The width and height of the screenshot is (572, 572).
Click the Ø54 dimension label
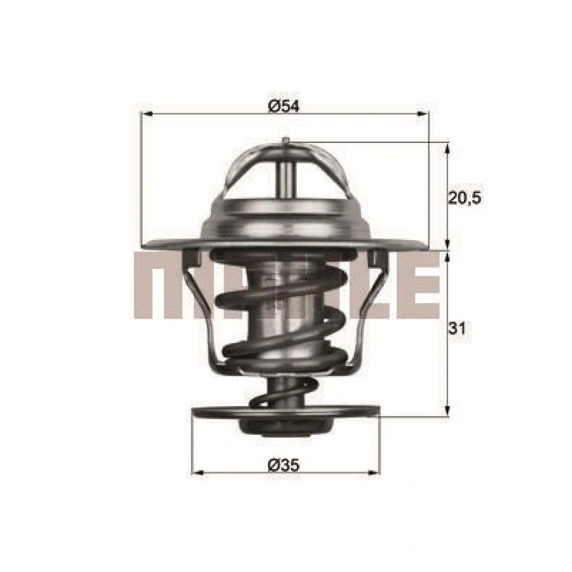(x=283, y=106)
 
